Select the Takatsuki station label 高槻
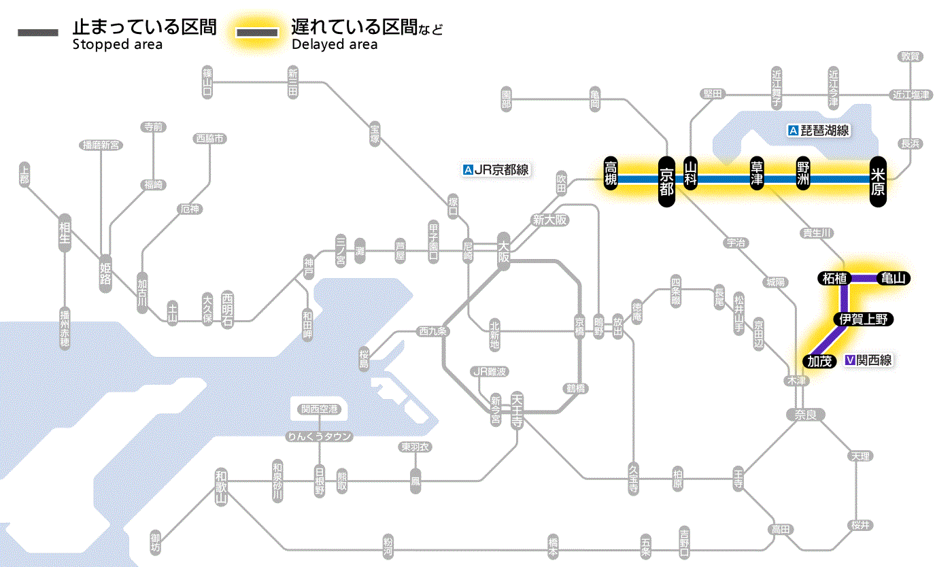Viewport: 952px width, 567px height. [611, 173]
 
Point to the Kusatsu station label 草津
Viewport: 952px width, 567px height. [757, 173]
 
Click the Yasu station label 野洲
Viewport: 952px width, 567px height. [804, 173]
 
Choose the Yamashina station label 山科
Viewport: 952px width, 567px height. [691, 173]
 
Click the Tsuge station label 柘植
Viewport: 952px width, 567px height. [834, 278]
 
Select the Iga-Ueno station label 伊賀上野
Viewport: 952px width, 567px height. [863, 320]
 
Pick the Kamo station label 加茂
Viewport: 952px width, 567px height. [819, 361]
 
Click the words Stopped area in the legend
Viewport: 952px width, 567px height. [117, 45]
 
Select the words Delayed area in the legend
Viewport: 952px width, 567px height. [335, 45]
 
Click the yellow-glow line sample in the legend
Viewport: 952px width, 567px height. [257, 33]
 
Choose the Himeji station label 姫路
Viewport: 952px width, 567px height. [105, 273]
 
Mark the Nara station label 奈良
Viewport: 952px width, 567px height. [805, 414]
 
